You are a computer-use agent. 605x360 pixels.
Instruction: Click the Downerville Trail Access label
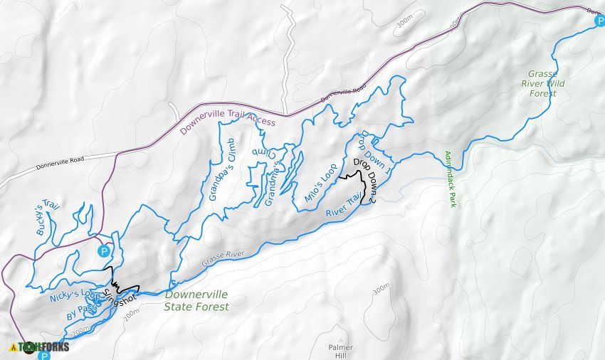[227, 126]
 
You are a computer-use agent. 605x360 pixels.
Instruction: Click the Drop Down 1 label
[376, 152]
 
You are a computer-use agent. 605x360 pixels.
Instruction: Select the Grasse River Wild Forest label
[547, 83]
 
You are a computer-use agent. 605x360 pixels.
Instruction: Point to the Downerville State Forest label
[196, 300]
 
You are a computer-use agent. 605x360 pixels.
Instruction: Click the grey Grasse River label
[222, 258]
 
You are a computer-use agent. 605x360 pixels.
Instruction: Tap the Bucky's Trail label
[48, 218]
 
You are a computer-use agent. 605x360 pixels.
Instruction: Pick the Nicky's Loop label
[75, 295]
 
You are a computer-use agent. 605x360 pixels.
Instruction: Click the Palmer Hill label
[340, 351]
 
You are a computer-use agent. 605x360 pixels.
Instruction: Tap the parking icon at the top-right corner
[599, 21]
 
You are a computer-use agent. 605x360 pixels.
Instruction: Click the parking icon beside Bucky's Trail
[104, 251]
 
